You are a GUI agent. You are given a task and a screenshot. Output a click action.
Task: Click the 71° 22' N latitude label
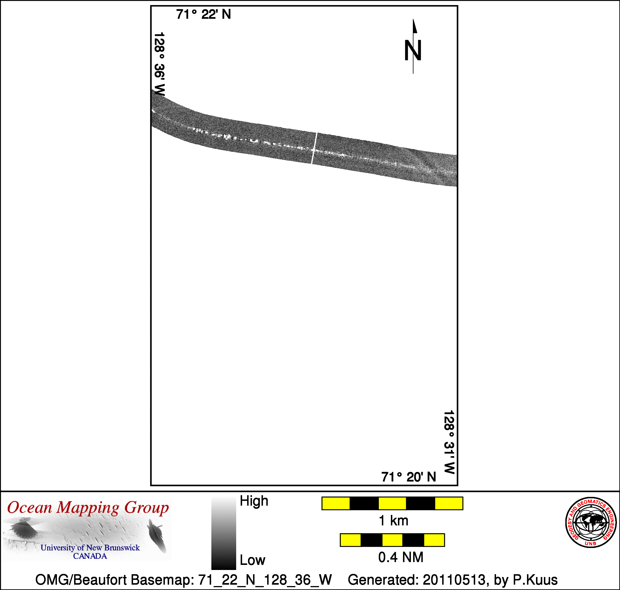(x=203, y=14)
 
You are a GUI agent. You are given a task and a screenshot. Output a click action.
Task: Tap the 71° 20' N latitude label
(x=409, y=477)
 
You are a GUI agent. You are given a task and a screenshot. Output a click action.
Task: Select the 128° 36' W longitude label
(x=160, y=64)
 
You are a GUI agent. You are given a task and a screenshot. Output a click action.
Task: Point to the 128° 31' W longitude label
(x=449, y=442)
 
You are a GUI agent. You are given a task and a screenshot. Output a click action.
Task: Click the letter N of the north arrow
(x=413, y=50)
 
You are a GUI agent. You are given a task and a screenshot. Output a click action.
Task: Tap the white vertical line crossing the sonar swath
(x=315, y=148)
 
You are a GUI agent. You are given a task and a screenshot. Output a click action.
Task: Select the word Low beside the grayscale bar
(x=253, y=560)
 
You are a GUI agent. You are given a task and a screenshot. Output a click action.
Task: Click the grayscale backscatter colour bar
(x=224, y=533)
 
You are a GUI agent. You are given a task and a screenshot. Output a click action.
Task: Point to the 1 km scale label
(x=393, y=521)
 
